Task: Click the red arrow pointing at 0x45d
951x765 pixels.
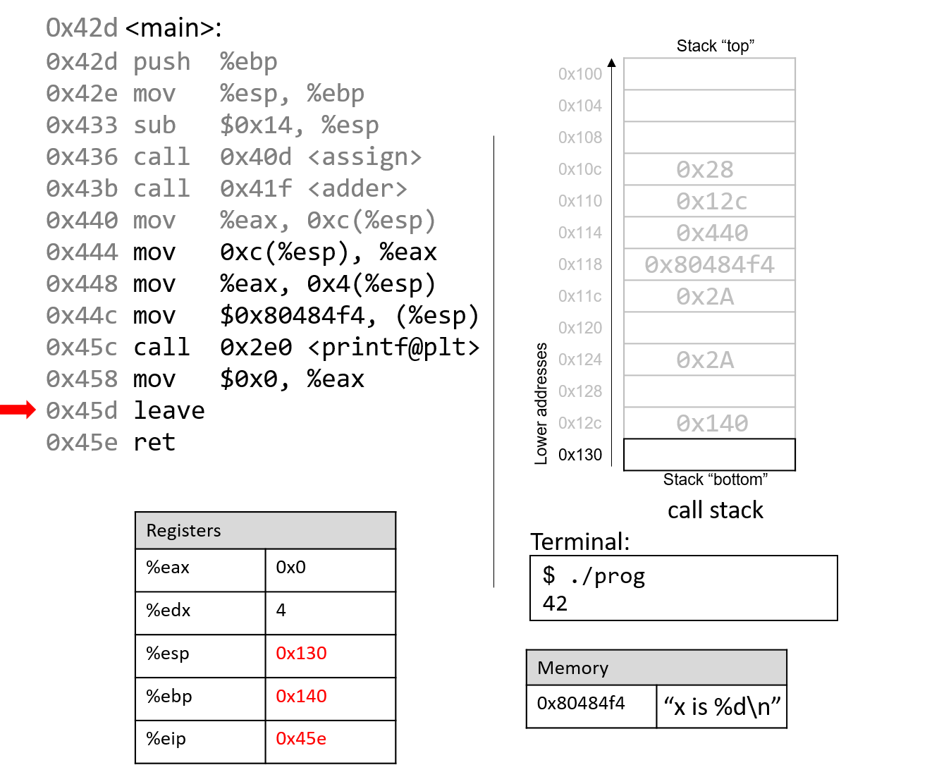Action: point(18,410)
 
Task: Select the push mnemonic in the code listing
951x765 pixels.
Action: point(161,62)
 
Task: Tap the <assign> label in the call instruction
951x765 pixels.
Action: point(364,157)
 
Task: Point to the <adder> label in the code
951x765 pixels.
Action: point(357,189)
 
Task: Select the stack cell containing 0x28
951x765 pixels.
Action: point(709,169)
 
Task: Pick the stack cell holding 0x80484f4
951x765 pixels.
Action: point(709,264)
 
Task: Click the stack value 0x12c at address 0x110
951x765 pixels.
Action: point(711,202)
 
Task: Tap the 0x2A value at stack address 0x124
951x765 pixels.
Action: point(705,360)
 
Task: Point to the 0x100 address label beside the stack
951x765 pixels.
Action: point(580,74)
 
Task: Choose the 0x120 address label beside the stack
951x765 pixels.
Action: point(580,328)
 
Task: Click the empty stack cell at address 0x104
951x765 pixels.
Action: point(709,106)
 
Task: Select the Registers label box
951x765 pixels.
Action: point(265,530)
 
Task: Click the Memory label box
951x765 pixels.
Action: point(656,668)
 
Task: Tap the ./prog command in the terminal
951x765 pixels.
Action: point(607,577)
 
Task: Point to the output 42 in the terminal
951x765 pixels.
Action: point(555,604)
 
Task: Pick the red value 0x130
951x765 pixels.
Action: point(301,654)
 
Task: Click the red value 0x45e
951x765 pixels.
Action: point(301,739)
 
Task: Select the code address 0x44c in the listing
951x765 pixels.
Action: point(82,316)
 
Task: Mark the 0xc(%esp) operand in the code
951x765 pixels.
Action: point(371,221)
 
